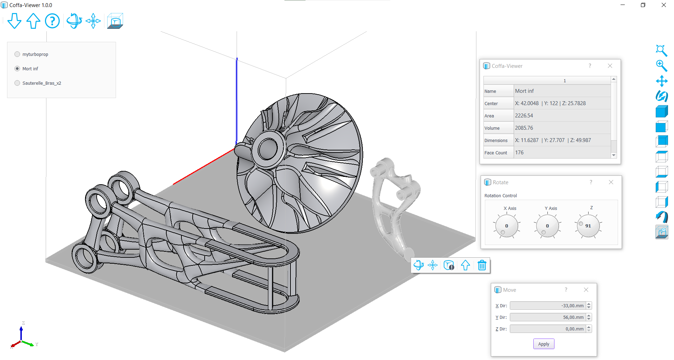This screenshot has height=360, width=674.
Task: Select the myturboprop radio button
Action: pyautogui.click(x=17, y=54)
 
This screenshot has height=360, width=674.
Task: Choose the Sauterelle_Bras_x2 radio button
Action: pyautogui.click(x=17, y=83)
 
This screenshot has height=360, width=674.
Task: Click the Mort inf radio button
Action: pyautogui.click(x=17, y=69)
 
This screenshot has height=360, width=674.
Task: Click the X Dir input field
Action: pyautogui.click(x=547, y=306)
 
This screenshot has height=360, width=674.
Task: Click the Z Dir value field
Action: pyautogui.click(x=547, y=329)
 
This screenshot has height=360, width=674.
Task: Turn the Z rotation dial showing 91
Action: pyautogui.click(x=588, y=226)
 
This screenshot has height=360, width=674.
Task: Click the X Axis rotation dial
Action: pyautogui.click(x=507, y=226)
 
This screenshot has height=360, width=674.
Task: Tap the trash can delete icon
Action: pyautogui.click(x=482, y=265)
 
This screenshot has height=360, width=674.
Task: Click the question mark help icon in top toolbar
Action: pyautogui.click(x=52, y=21)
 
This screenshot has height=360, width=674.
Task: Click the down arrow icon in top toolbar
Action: pyautogui.click(x=14, y=21)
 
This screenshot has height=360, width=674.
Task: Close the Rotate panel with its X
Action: pyautogui.click(x=611, y=182)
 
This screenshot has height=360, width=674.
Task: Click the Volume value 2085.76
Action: pyautogui.click(x=524, y=128)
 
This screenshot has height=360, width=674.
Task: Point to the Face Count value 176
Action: pyautogui.click(x=519, y=153)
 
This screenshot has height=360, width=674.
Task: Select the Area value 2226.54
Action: pyautogui.click(x=524, y=116)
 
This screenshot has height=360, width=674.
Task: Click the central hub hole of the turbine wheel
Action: pyautogui.click(x=268, y=149)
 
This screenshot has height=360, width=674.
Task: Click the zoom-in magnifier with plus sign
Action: pyautogui.click(x=661, y=66)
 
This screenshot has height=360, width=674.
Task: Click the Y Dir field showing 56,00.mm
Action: pyautogui.click(x=547, y=317)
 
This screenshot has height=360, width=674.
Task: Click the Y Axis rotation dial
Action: pyautogui.click(x=547, y=226)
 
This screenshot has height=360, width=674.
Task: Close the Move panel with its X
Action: pyautogui.click(x=586, y=290)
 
